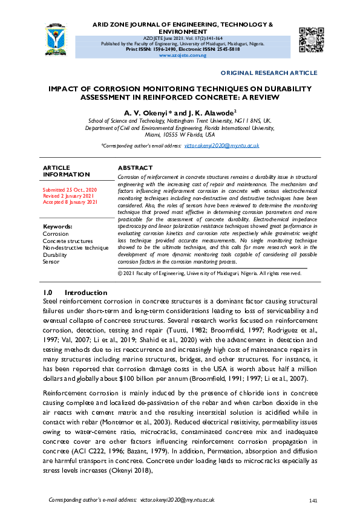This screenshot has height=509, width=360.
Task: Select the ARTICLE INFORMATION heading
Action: pos(67,171)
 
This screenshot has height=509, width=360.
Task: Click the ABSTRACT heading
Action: pos(135,167)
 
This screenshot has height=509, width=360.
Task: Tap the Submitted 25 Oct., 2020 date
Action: pos(70,190)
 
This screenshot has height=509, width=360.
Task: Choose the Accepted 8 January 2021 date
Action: pos(70,203)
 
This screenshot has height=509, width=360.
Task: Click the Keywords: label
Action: pos(58,227)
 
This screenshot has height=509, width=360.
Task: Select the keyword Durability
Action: pos(56,255)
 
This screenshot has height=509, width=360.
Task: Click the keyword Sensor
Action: pos(51,262)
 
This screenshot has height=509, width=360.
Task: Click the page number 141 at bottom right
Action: pos(313,501)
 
